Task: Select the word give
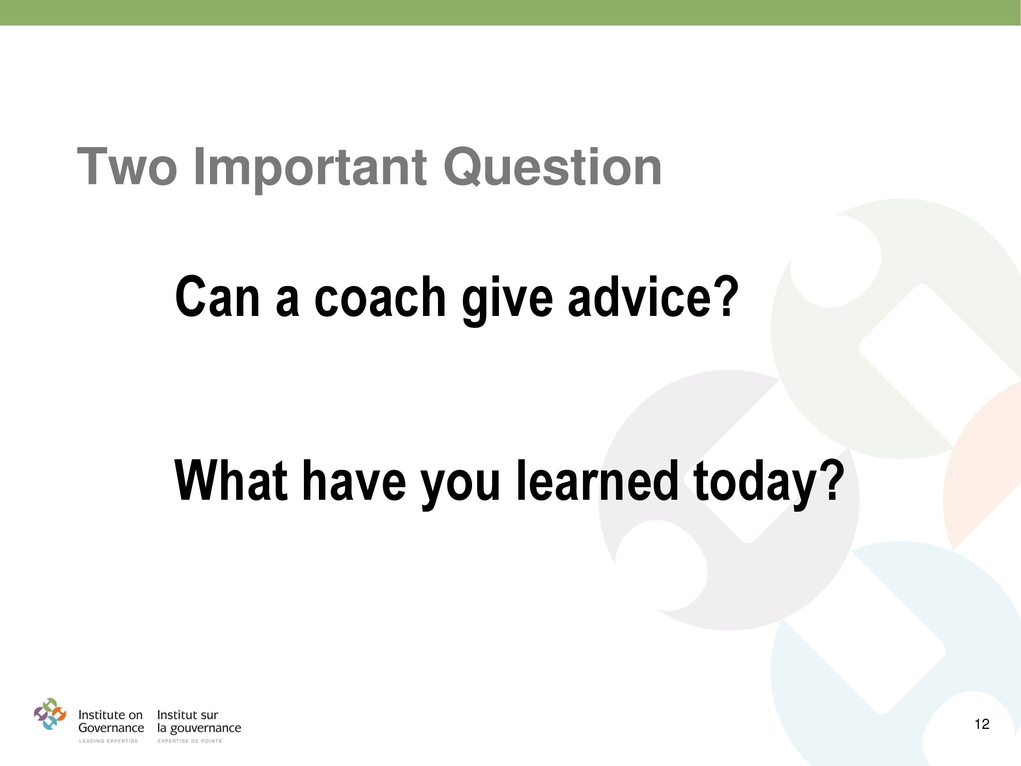click(507, 300)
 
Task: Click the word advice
click(643, 297)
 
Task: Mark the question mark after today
click(833, 480)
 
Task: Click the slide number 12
click(982, 724)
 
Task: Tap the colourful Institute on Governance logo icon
click(50, 714)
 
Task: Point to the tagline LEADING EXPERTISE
click(109, 741)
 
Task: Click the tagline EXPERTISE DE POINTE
click(190, 741)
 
